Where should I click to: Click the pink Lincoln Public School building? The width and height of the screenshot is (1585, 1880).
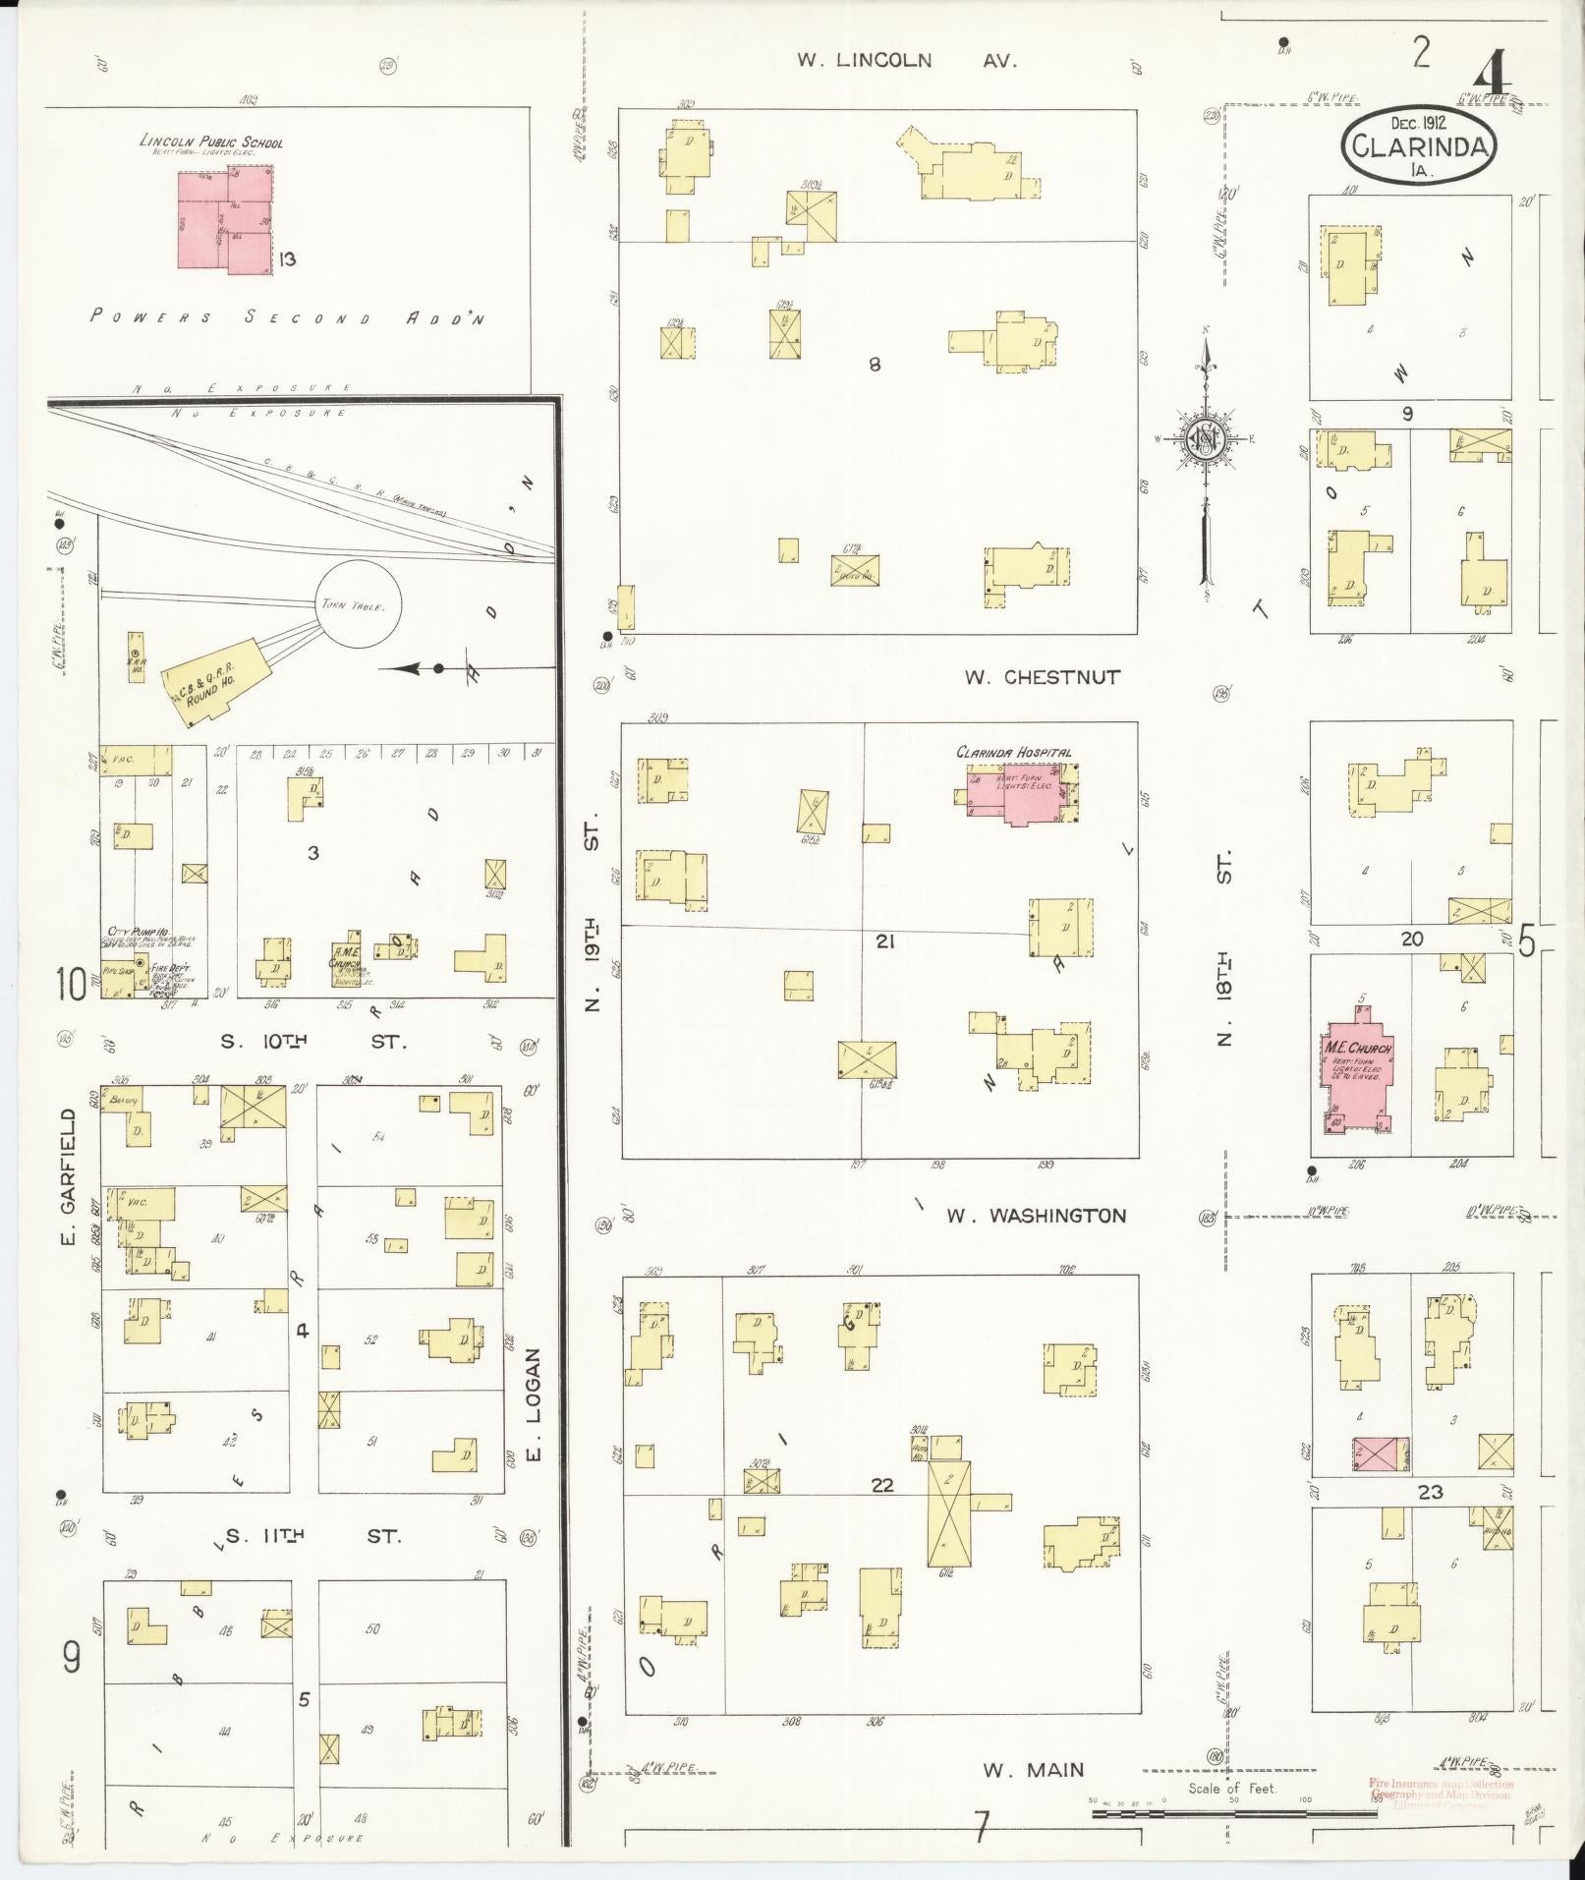click(x=224, y=219)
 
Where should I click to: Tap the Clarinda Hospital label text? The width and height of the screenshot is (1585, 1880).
click(x=1014, y=752)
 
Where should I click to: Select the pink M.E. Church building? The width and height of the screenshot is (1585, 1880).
click(x=1357, y=1077)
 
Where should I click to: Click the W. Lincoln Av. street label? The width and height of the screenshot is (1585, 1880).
click(x=906, y=60)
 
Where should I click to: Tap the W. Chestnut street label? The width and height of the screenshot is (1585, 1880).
click(x=1042, y=677)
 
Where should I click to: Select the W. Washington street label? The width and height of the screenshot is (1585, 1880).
click(x=1036, y=1216)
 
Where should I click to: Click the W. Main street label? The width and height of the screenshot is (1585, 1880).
click(x=1034, y=1770)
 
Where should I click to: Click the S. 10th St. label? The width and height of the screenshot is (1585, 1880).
click(x=312, y=1042)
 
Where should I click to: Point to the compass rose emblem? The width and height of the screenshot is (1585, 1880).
click(x=1204, y=438)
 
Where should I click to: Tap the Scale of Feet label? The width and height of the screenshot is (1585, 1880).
click(x=1231, y=1788)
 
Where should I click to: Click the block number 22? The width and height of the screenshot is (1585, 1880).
click(x=881, y=1511)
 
